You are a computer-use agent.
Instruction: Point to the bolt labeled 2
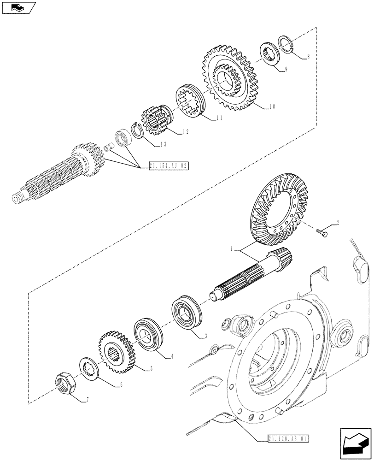point(323,232)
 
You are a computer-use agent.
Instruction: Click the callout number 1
point(233,249)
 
